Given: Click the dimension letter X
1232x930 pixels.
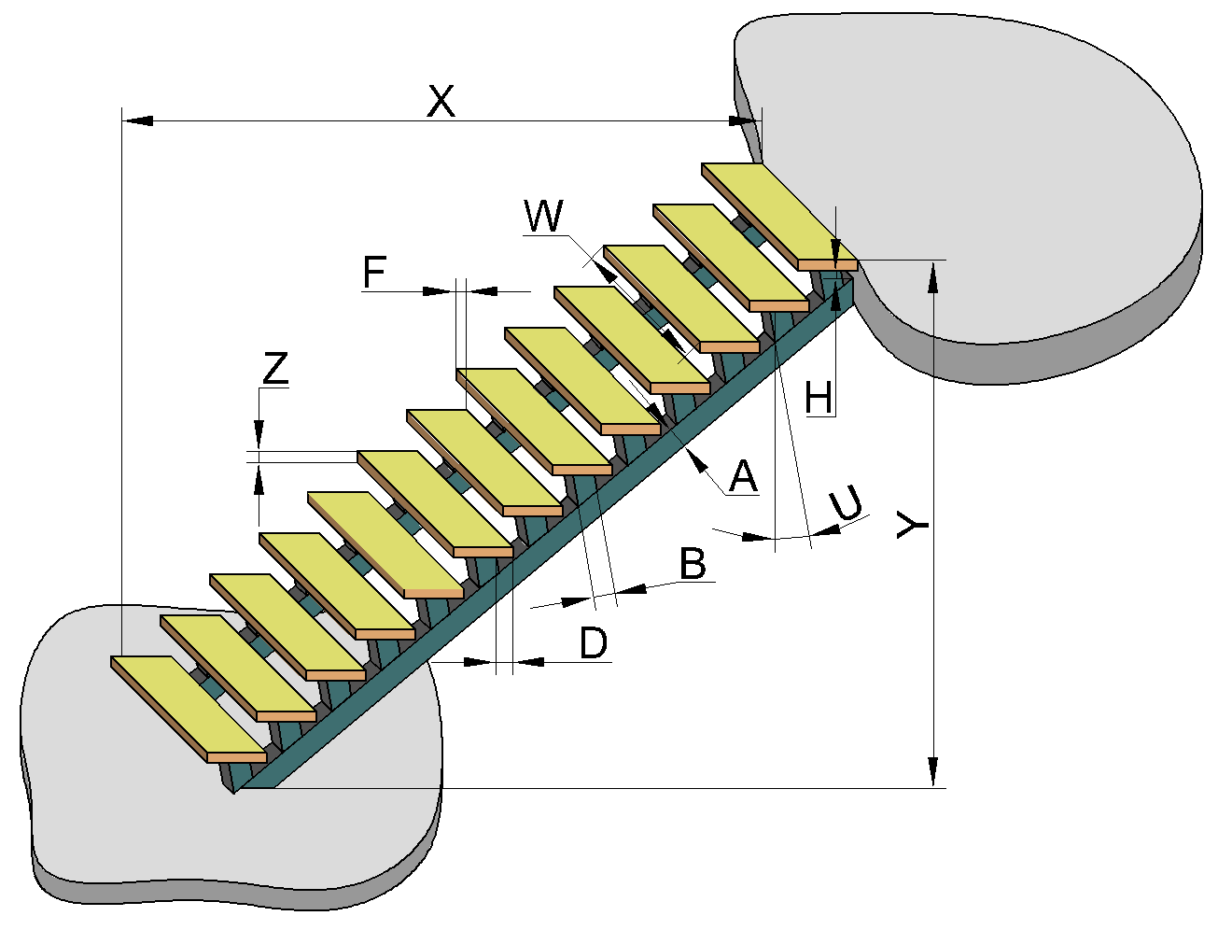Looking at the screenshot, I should point(441,101).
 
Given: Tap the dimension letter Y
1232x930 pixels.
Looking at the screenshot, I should point(911,525).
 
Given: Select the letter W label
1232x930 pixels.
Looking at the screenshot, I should point(544,217).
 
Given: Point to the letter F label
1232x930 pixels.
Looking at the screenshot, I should point(374,273).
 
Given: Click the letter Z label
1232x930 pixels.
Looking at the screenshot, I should point(275,370).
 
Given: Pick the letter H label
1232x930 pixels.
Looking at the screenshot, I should point(819,399).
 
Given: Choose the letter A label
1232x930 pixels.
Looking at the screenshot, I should point(743,476).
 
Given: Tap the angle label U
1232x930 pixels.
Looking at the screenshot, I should point(846,505).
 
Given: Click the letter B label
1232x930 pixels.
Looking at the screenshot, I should point(693,564).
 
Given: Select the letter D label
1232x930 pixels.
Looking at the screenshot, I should point(594,643).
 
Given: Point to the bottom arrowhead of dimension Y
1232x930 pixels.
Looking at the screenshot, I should point(931,773).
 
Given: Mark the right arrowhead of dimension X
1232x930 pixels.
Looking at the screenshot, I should point(747,120).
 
